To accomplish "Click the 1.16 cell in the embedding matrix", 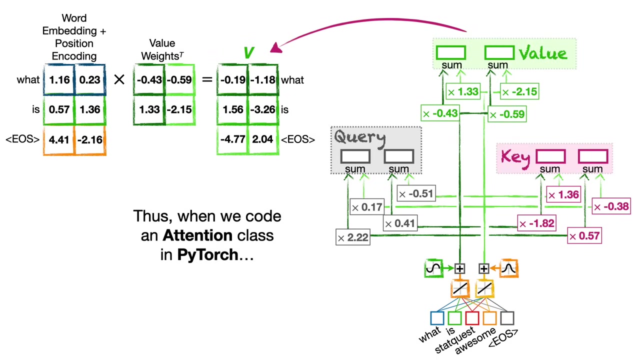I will click(59, 80).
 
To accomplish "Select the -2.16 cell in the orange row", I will click(90, 140).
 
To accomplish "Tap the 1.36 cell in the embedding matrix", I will click(90, 110).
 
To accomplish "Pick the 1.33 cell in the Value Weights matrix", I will click(149, 110).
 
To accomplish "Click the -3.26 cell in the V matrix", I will click(263, 110).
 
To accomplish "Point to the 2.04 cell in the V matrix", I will click(263, 139).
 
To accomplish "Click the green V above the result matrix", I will click(248, 53).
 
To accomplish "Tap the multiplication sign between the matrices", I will click(119, 79).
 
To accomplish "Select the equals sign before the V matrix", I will click(206, 79).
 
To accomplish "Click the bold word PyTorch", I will click(207, 255).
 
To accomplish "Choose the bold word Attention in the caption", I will click(197, 235).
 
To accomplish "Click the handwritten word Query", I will click(360, 137).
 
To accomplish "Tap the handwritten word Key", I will click(515, 157).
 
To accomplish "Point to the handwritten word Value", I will click(543, 53).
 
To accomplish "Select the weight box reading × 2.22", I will click(353, 238).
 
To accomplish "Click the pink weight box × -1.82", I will click(536, 224).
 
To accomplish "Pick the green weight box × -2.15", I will click(520, 92).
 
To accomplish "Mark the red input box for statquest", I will click(472, 318).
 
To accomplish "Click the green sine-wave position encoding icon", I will click(433, 269).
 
